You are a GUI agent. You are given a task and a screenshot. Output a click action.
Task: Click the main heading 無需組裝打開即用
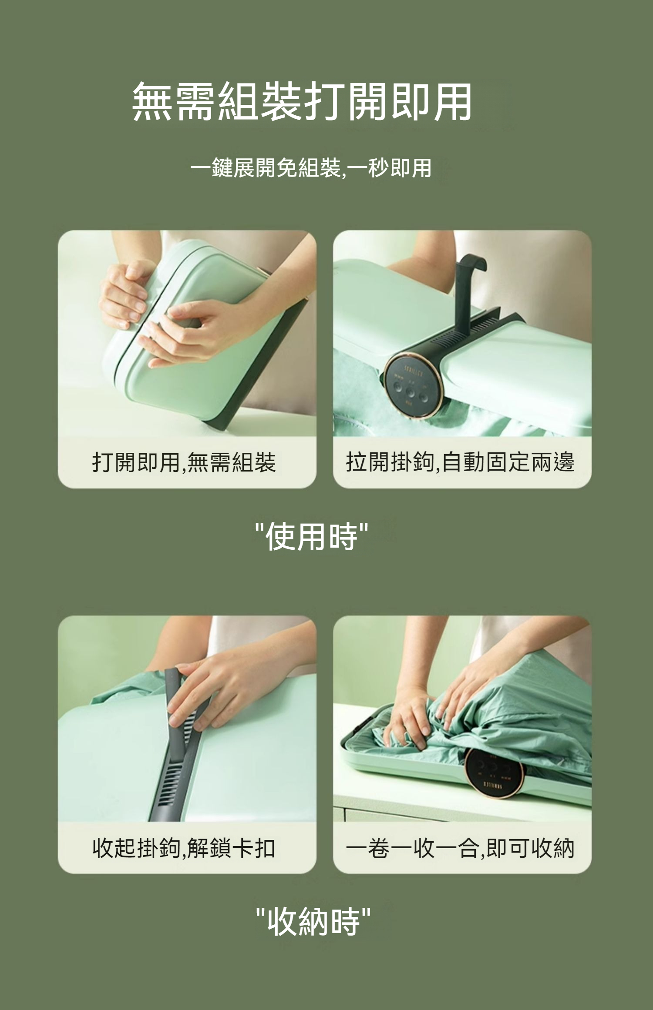click(x=302, y=101)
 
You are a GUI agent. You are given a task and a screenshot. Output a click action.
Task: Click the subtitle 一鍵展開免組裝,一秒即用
click(x=311, y=168)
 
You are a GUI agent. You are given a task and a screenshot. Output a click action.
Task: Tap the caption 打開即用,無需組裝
click(x=184, y=462)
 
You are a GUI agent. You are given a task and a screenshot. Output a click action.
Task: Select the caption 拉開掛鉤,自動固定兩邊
click(x=460, y=462)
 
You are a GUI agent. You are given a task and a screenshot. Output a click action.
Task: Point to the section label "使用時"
click(x=312, y=536)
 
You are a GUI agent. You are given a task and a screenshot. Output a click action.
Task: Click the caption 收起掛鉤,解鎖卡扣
click(x=184, y=848)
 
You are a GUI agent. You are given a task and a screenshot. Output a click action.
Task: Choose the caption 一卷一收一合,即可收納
click(x=460, y=848)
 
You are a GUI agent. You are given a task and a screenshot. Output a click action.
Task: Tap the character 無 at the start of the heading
click(x=152, y=101)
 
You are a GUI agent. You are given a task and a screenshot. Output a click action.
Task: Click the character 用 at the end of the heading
click(x=453, y=101)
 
